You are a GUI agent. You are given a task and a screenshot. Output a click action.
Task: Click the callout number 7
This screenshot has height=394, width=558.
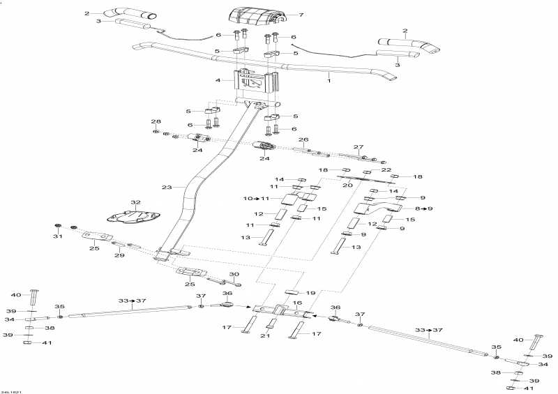pyautogui.click(x=301, y=15)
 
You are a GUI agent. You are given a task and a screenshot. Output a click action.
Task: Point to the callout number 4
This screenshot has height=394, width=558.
pyautogui.click(x=218, y=80)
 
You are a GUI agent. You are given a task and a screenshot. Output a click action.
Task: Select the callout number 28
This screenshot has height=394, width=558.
pyautogui.click(x=156, y=121)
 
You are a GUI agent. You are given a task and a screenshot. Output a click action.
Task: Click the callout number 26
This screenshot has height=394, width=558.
pyautogui.click(x=303, y=139)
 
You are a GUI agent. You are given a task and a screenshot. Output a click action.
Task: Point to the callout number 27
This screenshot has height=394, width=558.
pyautogui.click(x=359, y=147)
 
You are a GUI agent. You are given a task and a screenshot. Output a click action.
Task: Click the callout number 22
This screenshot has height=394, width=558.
pyautogui.click(x=386, y=170)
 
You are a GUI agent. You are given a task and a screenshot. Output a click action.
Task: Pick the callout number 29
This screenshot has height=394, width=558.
pyautogui.click(x=119, y=256)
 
